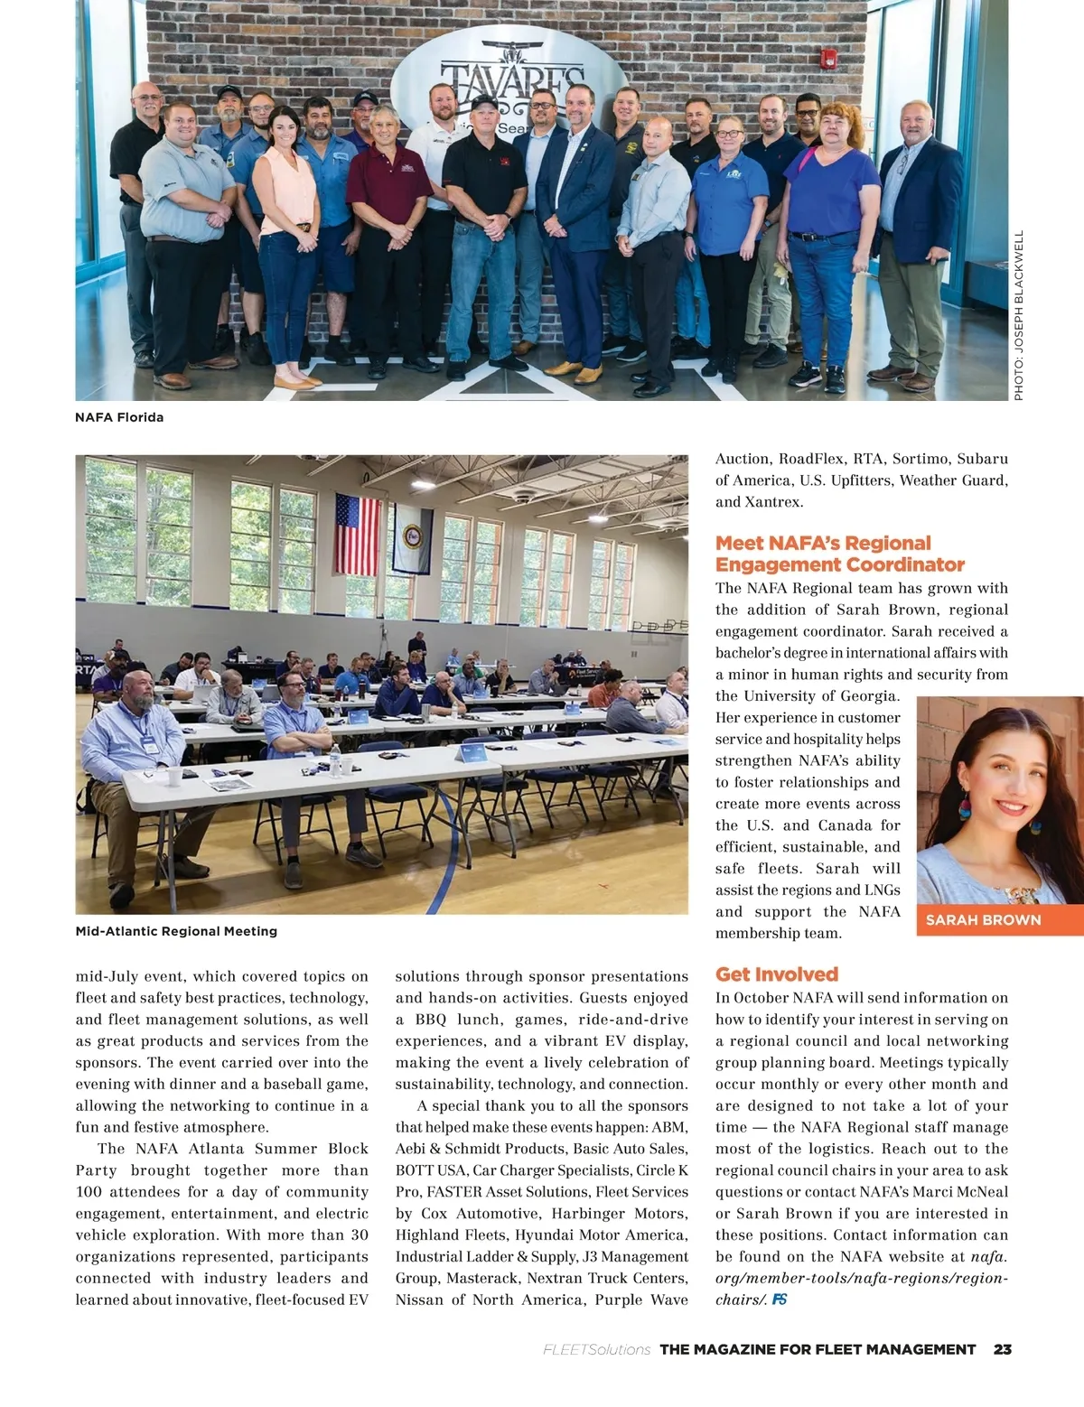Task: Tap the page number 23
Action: point(1002,1349)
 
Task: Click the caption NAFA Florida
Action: point(119,417)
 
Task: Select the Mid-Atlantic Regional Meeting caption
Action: point(176,931)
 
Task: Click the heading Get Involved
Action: point(777,974)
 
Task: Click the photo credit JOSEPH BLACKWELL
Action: point(1019,316)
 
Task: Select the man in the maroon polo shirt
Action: point(388,226)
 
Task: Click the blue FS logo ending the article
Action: point(780,1300)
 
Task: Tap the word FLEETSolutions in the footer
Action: point(596,1349)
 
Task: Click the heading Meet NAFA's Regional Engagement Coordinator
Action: point(840,554)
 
